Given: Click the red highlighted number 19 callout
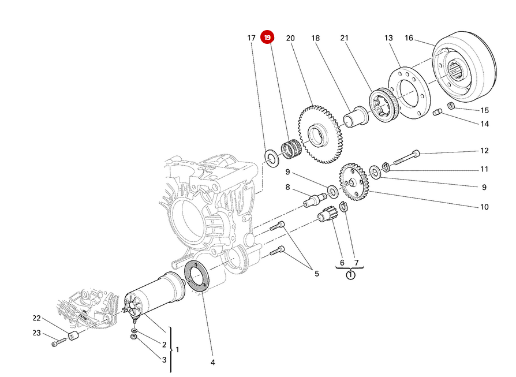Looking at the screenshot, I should coord(267,38).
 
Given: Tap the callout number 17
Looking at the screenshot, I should coord(251,38).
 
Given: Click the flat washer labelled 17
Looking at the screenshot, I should coord(270,156).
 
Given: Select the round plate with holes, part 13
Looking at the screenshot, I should coord(409,93).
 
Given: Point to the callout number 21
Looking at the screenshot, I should coord(345,38).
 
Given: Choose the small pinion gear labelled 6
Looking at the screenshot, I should coord(327,218).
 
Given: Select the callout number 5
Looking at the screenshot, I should coord(316,273).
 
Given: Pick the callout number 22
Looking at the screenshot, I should coord(36,318).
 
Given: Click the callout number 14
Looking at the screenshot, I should coord(484,124).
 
